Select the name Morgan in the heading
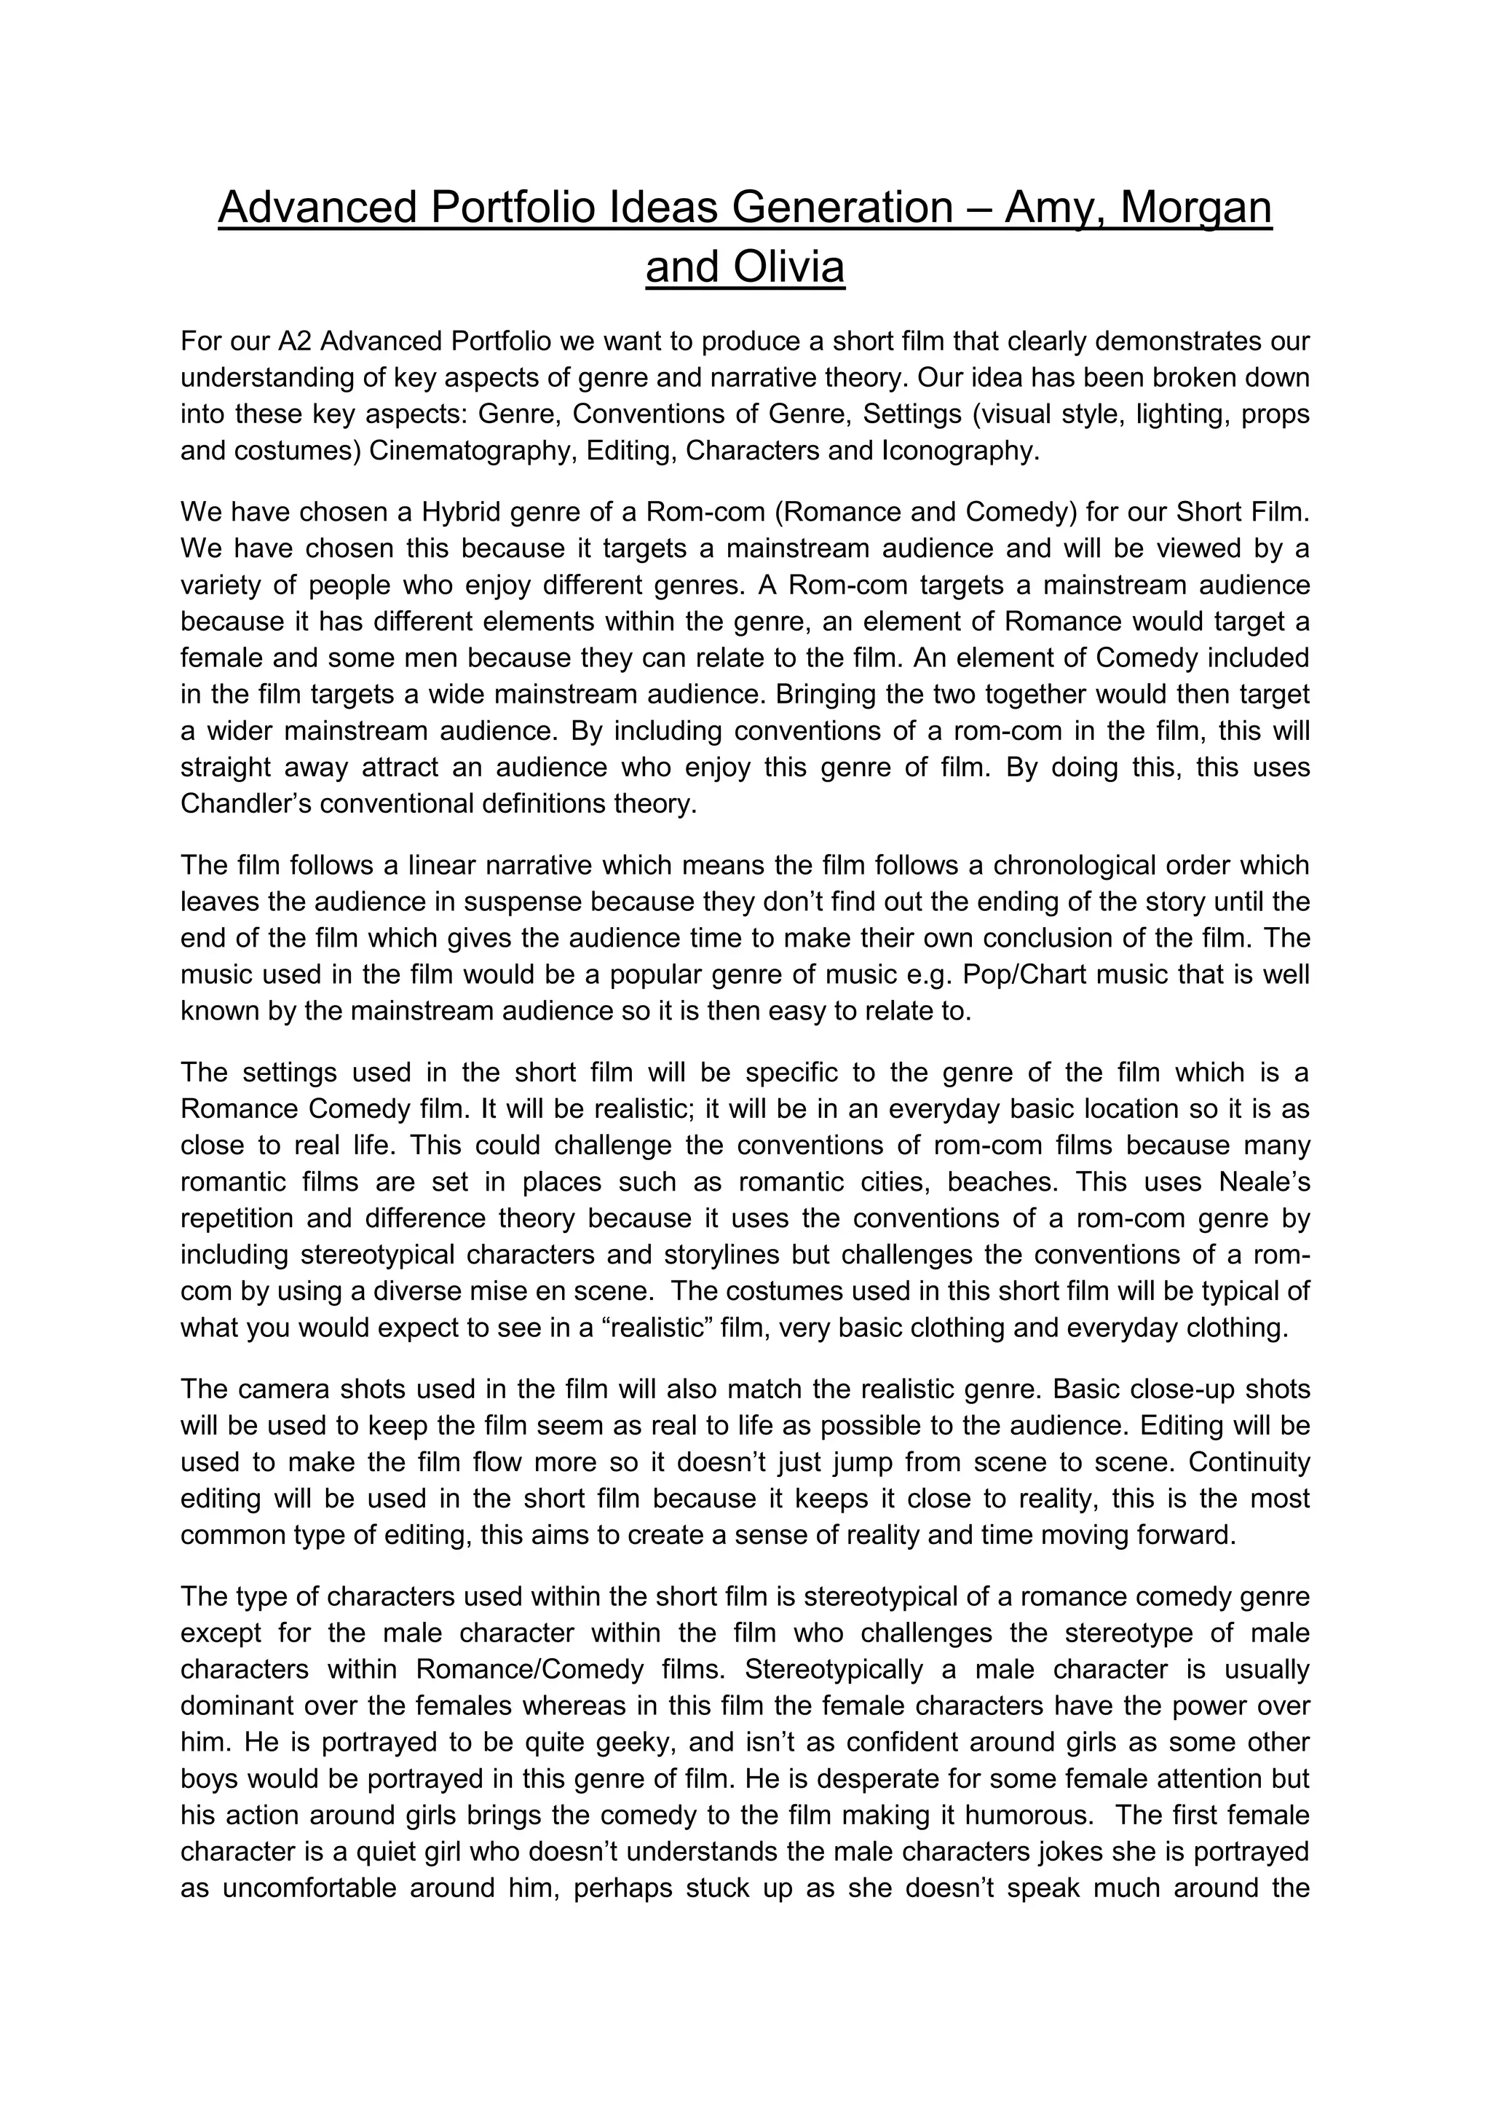click(x=1196, y=207)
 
